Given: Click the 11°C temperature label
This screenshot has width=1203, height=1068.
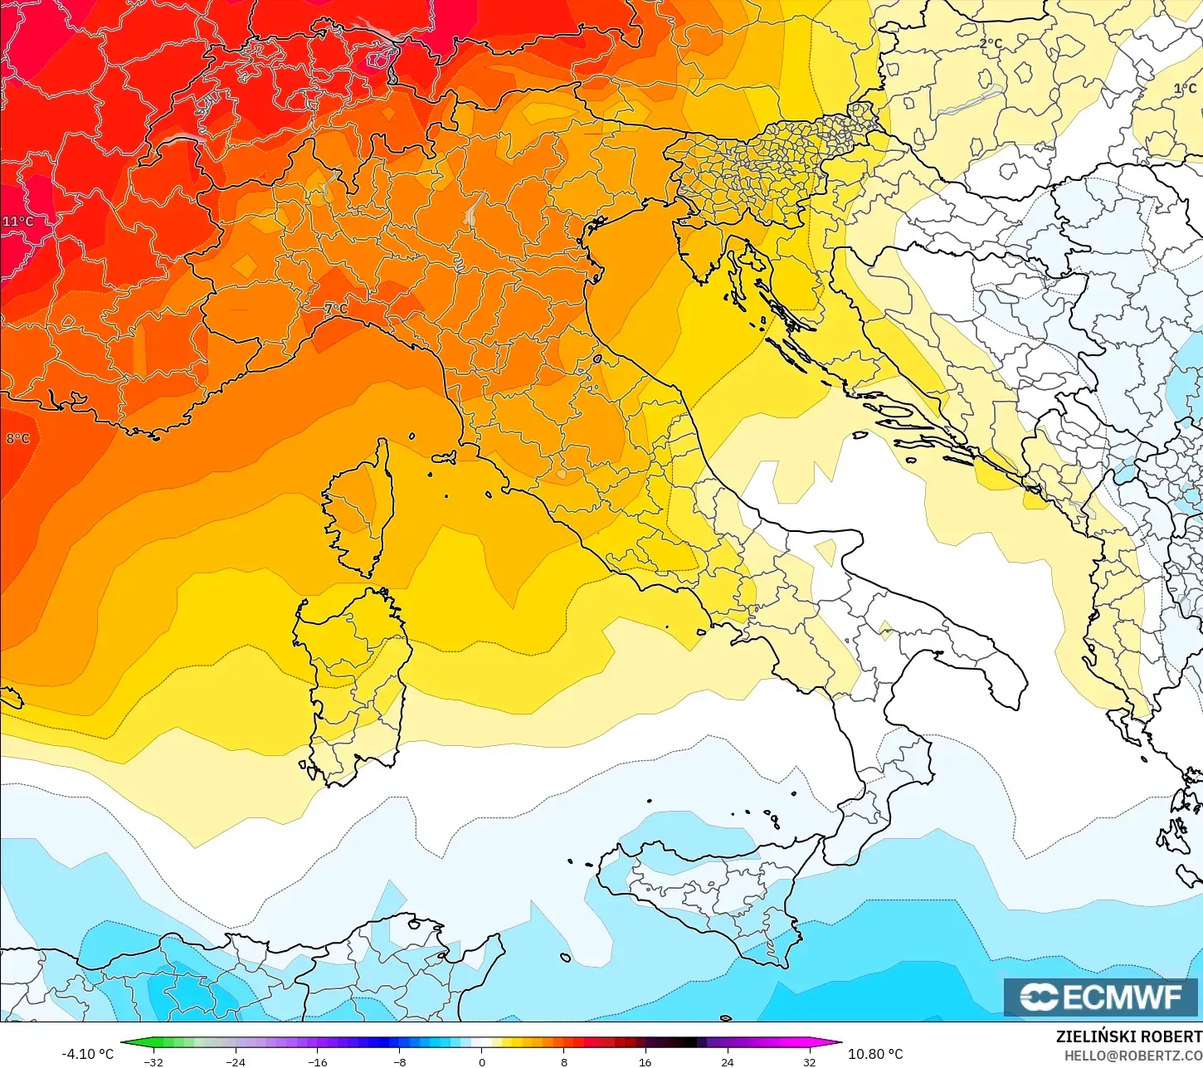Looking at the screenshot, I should coord(18,222).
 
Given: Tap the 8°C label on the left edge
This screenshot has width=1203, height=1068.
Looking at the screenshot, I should coord(18,438).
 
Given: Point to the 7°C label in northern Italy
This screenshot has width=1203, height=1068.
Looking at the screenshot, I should coord(336,309).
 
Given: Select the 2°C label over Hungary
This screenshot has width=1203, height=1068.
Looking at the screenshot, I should coord(991,43).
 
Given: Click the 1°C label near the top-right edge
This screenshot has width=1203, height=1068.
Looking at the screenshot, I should coord(1185,89).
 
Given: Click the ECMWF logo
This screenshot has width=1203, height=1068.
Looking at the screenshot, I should coord(1101,997).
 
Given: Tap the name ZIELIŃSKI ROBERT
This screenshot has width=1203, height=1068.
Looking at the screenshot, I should coord(1128,1036).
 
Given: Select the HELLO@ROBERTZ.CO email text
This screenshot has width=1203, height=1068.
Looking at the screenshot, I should coord(1133,1055).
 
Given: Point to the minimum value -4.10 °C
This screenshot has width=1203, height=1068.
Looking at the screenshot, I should coord(88,1054).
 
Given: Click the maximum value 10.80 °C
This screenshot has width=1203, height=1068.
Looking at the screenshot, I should coord(875,1054).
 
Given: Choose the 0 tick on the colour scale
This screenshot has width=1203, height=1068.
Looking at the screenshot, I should coord(482,1062).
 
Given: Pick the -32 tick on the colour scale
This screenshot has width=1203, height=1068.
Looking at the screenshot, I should coord(153,1062).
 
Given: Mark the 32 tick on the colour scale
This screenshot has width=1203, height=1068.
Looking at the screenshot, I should coord(810,1062).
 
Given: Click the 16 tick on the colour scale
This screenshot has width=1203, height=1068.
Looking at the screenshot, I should coord(645,1062).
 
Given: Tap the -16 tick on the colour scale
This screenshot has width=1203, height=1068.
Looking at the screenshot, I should coord(318,1062).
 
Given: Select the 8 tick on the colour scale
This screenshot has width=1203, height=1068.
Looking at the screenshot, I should coord(564,1062).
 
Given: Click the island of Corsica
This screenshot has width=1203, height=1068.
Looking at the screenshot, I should coord(358,510).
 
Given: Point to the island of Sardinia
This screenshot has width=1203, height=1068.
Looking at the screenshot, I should coord(353,680).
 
